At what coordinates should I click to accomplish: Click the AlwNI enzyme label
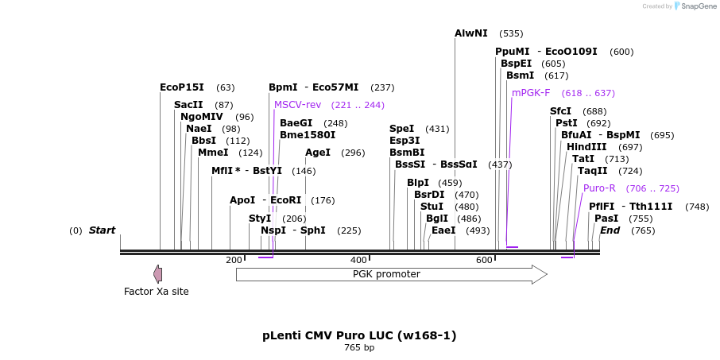pos(471,33)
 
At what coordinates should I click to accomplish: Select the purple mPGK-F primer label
pos(531,93)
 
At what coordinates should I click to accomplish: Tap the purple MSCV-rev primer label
pos(297,105)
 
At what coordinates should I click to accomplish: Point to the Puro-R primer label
pos(599,188)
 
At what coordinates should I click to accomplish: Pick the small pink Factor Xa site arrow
pos(158,274)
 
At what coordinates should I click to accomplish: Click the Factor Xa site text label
pos(157,292)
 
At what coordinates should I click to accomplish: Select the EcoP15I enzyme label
pos(182,87)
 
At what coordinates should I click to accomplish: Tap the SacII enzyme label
pos(188,105)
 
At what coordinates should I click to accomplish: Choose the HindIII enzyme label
pos(586,147)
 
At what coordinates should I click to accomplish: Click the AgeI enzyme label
pos(318,153)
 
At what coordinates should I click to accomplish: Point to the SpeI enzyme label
pos(402,129)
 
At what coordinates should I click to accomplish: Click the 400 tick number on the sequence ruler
pos(358,260)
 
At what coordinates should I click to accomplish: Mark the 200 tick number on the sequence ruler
pos(234,260)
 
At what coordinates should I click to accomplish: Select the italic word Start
pos(102,230)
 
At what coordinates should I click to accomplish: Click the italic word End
pos(610,230)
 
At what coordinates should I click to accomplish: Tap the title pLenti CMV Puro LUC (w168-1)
pos(359,335)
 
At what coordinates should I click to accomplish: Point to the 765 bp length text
pos(359,348)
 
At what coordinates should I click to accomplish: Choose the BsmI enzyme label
pos(521,75)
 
